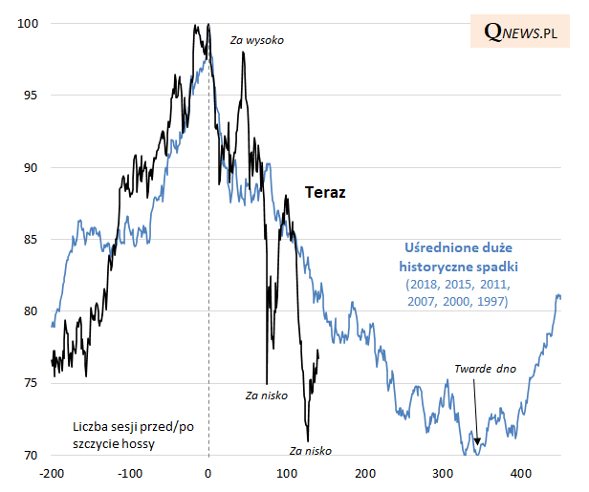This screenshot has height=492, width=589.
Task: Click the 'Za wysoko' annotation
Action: click(257, 40)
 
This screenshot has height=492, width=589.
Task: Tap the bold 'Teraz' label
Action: click(325, 192)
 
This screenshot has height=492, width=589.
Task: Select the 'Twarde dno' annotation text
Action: click(485, 368)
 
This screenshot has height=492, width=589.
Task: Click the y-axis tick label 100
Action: click(29, 24)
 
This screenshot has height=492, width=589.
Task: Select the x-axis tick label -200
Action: click(51, 473)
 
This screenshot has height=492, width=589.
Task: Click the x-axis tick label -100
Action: click(129, 473)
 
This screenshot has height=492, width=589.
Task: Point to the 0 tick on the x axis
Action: click(208, 473)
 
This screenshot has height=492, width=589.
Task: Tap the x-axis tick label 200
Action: click(365, 473)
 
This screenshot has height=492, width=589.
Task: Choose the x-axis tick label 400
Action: click(521, 473)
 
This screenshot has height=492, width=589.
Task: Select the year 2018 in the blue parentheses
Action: click(424, 285)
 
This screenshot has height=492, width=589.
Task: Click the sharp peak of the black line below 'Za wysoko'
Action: click(243, 53)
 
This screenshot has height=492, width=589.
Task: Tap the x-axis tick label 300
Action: click(443, 473)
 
